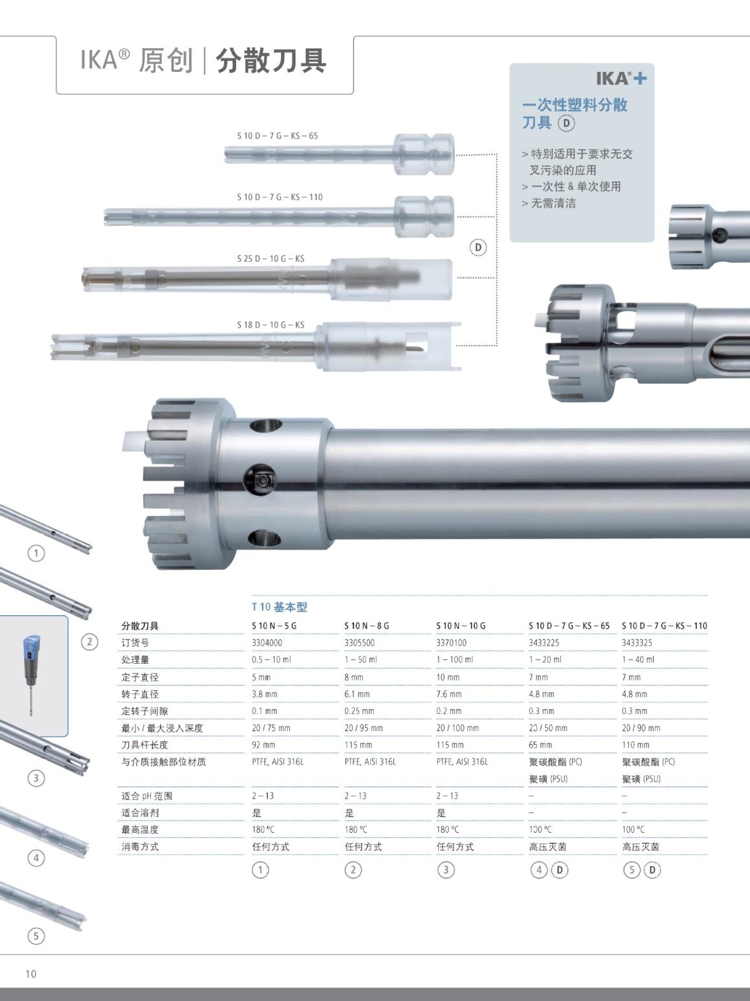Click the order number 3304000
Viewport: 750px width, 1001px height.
click(x=267, y=642)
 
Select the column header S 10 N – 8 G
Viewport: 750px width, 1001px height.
click(x=367, y=625)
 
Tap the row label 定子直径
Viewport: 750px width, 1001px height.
click(x=140, y=677)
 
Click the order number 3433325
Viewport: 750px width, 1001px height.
click(x=637, y=642)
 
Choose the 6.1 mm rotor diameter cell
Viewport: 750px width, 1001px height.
click(x=357, y=693)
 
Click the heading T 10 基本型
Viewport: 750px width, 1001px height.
click(x=280, y=607)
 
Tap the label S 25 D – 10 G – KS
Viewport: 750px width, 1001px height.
click(x=270, y=258)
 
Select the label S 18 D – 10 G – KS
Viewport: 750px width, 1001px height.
click(x=270, y=324)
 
